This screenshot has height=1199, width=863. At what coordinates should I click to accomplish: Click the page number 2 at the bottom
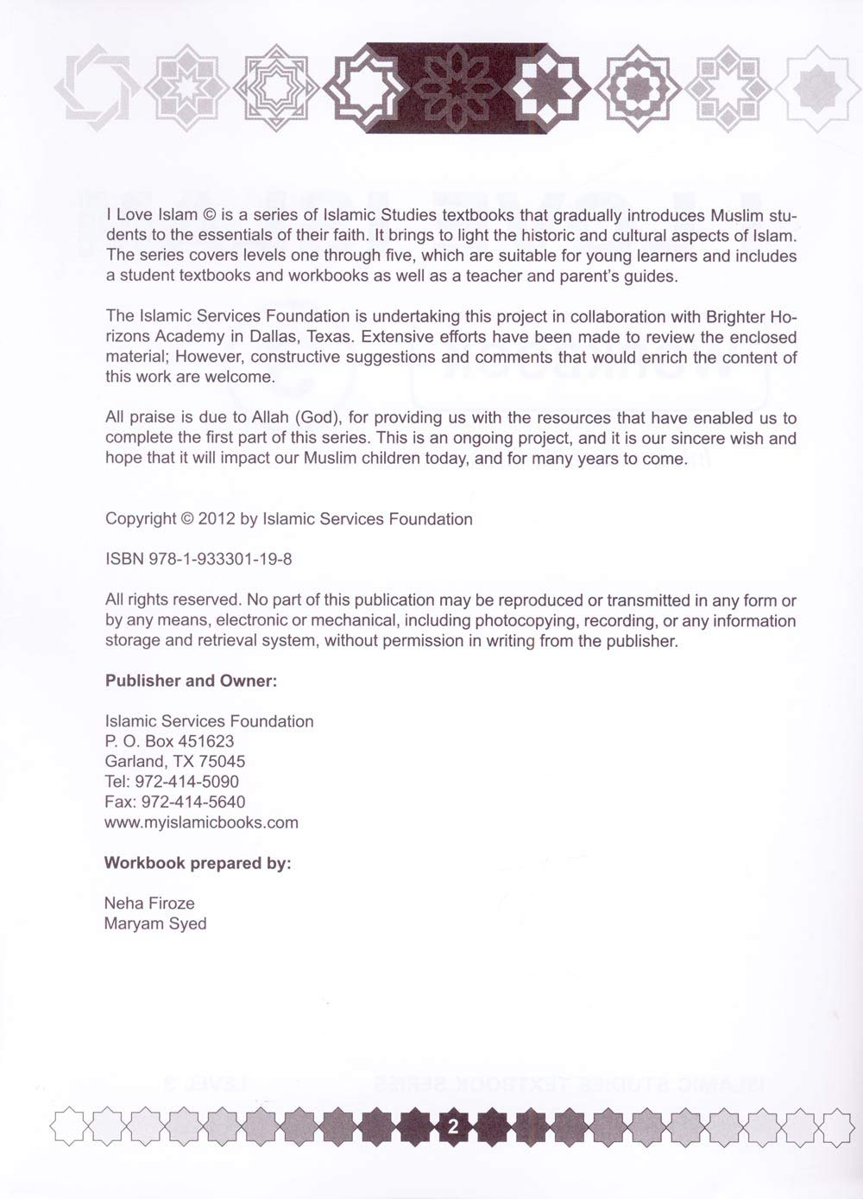[452, 1126]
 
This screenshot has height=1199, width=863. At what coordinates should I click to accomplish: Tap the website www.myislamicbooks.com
[201, 822]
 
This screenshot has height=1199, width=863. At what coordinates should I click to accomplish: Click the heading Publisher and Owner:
[191, 681]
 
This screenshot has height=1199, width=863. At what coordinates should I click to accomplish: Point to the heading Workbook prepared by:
[198, 863]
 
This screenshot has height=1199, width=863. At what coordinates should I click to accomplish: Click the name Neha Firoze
[149, 904]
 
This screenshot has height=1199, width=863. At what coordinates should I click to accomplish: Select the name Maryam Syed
[155, 923]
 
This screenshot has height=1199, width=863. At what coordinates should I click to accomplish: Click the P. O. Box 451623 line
[169, 741]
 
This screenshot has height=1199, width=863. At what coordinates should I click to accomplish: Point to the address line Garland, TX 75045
[175, 761]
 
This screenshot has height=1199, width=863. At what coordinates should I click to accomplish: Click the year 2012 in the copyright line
[217, 519]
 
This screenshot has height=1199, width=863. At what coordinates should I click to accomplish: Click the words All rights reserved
[173, 600]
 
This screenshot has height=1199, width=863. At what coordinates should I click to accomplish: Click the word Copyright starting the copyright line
[141, 519]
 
